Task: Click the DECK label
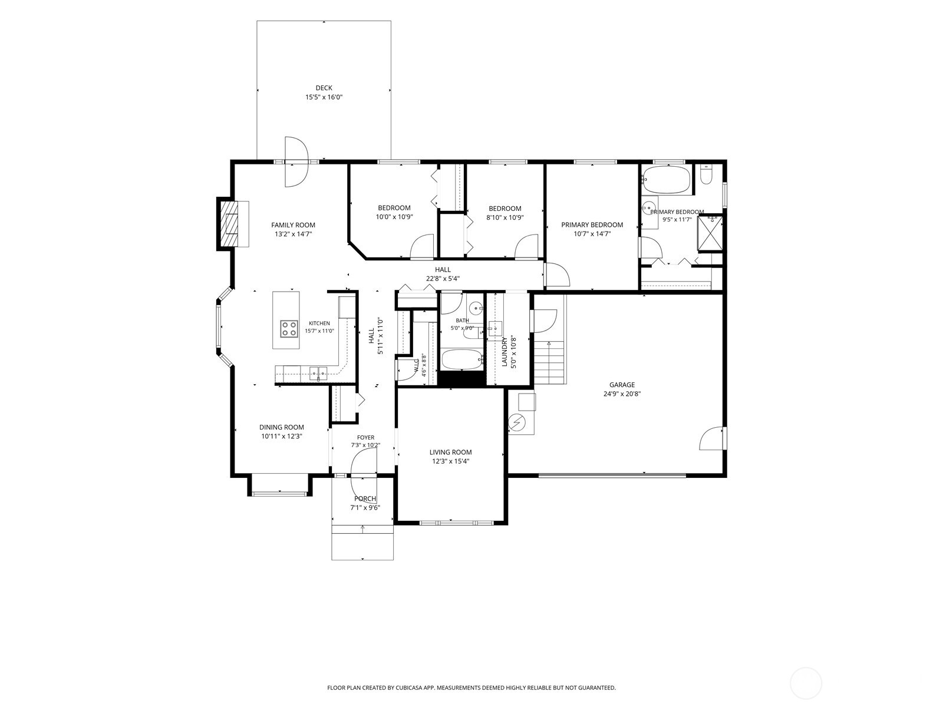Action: tap(324, 88)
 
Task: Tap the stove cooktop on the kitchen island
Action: tap(289, 329)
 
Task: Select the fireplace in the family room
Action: tap(232, 224)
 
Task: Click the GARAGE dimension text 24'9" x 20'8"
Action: tap(622, 394)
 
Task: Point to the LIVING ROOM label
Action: tap(451, 452)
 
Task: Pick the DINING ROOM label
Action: tap(281, 427)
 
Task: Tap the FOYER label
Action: tap(365, 437)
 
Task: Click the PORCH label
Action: tap(365, 499)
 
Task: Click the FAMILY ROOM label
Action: tap(293, 225)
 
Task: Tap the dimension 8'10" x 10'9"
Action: tap(505, 217)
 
